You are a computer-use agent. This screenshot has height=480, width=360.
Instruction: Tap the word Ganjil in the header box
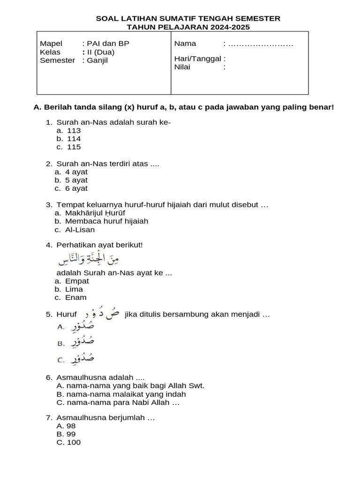[x=97, y=60]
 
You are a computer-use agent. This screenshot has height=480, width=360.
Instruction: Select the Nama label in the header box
[x=185, y=44]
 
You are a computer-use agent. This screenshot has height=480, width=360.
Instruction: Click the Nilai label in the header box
[x=182, y=67]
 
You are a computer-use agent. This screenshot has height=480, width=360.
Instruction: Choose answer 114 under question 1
[x=74, y=139]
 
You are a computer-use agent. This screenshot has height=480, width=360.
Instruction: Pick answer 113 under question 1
[x=74, y=131]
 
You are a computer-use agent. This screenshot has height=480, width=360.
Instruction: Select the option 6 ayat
[x=76, y=188]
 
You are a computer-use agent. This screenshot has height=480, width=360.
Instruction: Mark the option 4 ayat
[x=76, y=172]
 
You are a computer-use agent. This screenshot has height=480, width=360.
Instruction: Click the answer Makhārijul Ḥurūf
[x=95, y=213]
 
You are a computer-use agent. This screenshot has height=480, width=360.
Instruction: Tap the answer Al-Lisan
[x=80, y=230]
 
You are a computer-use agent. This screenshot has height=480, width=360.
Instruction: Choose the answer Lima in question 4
[x=74, y=289]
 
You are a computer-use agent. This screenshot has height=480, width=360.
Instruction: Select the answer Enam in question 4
[x=76, y=297]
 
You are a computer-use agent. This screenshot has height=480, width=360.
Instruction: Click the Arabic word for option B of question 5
[x=82, y=343]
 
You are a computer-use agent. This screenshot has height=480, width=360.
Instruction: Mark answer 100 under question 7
[x=74, y=442]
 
